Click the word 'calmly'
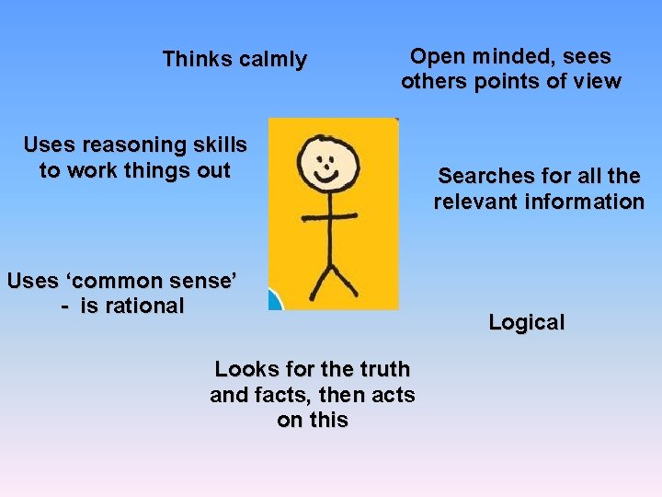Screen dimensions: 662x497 (x=272, y=61)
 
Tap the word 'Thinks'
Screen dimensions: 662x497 (x=197, y=60)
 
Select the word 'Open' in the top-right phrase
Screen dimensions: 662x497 (x=437, y=56)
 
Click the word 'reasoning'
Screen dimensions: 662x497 (x=133, y=145)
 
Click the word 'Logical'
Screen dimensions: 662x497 (x=526, y=323)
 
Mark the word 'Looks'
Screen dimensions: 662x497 (x=244, y=369)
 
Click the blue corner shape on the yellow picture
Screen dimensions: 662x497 (x=275, y=300)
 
